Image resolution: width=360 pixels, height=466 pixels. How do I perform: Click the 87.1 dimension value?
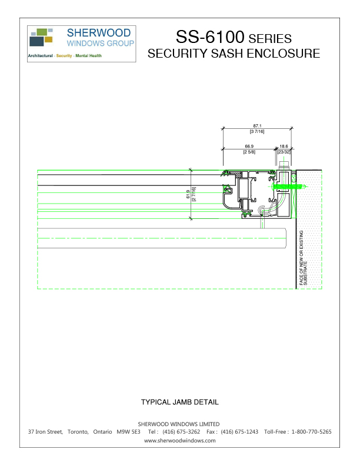257,126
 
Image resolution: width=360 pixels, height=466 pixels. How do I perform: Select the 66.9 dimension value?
249,146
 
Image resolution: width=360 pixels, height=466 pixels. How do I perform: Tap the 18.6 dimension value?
284,146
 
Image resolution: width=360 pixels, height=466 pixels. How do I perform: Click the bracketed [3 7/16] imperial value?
257,131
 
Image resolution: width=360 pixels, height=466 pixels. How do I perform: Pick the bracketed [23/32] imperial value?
284,152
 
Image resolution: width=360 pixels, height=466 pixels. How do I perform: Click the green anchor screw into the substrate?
291,187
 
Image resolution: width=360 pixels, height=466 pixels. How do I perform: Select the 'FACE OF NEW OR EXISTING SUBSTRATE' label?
303,258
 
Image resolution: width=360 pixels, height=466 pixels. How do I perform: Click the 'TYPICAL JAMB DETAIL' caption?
179,402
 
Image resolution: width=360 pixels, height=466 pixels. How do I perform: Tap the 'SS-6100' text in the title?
210,37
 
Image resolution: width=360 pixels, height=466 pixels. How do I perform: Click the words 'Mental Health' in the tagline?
88,56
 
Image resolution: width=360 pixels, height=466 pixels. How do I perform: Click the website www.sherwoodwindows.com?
179,440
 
